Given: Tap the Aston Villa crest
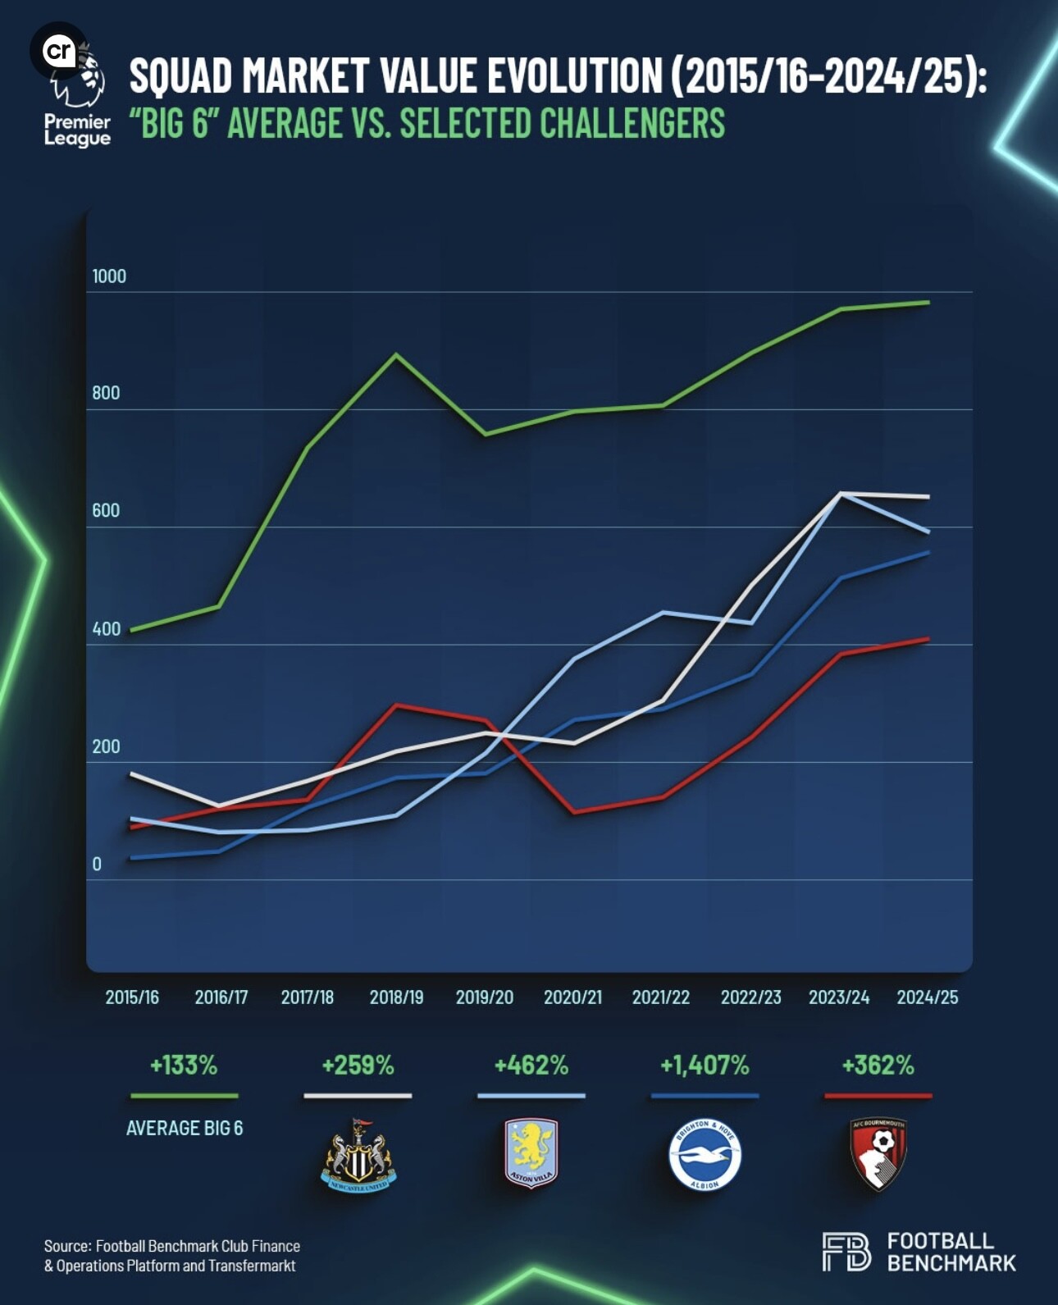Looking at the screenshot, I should [x=531, y=1153].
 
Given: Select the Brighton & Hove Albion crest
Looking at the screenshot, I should [x=705, y=1155].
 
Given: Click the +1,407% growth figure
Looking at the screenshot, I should [x=705, y=1065].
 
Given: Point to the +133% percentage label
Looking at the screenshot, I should [x=184, y=1065].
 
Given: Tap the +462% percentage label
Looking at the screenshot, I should [x=531, y=1065].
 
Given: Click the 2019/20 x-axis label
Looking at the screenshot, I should [x=485, y=997].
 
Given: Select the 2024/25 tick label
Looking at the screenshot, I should [x=928, y=997].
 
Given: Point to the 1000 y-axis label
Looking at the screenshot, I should [x=109, y=276].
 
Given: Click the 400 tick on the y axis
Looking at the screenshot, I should [x=107, y=629].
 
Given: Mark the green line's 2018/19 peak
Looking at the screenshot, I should [x=396, y=355].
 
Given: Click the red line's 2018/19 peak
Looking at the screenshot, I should [x=396, y=705].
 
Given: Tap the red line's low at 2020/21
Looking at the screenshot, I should [x=573, y=812].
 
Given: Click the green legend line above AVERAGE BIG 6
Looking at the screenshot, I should [x=185, y=1096].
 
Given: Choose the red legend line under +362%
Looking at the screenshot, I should [x=878, y=1096].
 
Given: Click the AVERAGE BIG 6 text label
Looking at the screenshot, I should [x=185, y=1129].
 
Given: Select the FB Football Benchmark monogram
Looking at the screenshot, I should [x=846, y=1252].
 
